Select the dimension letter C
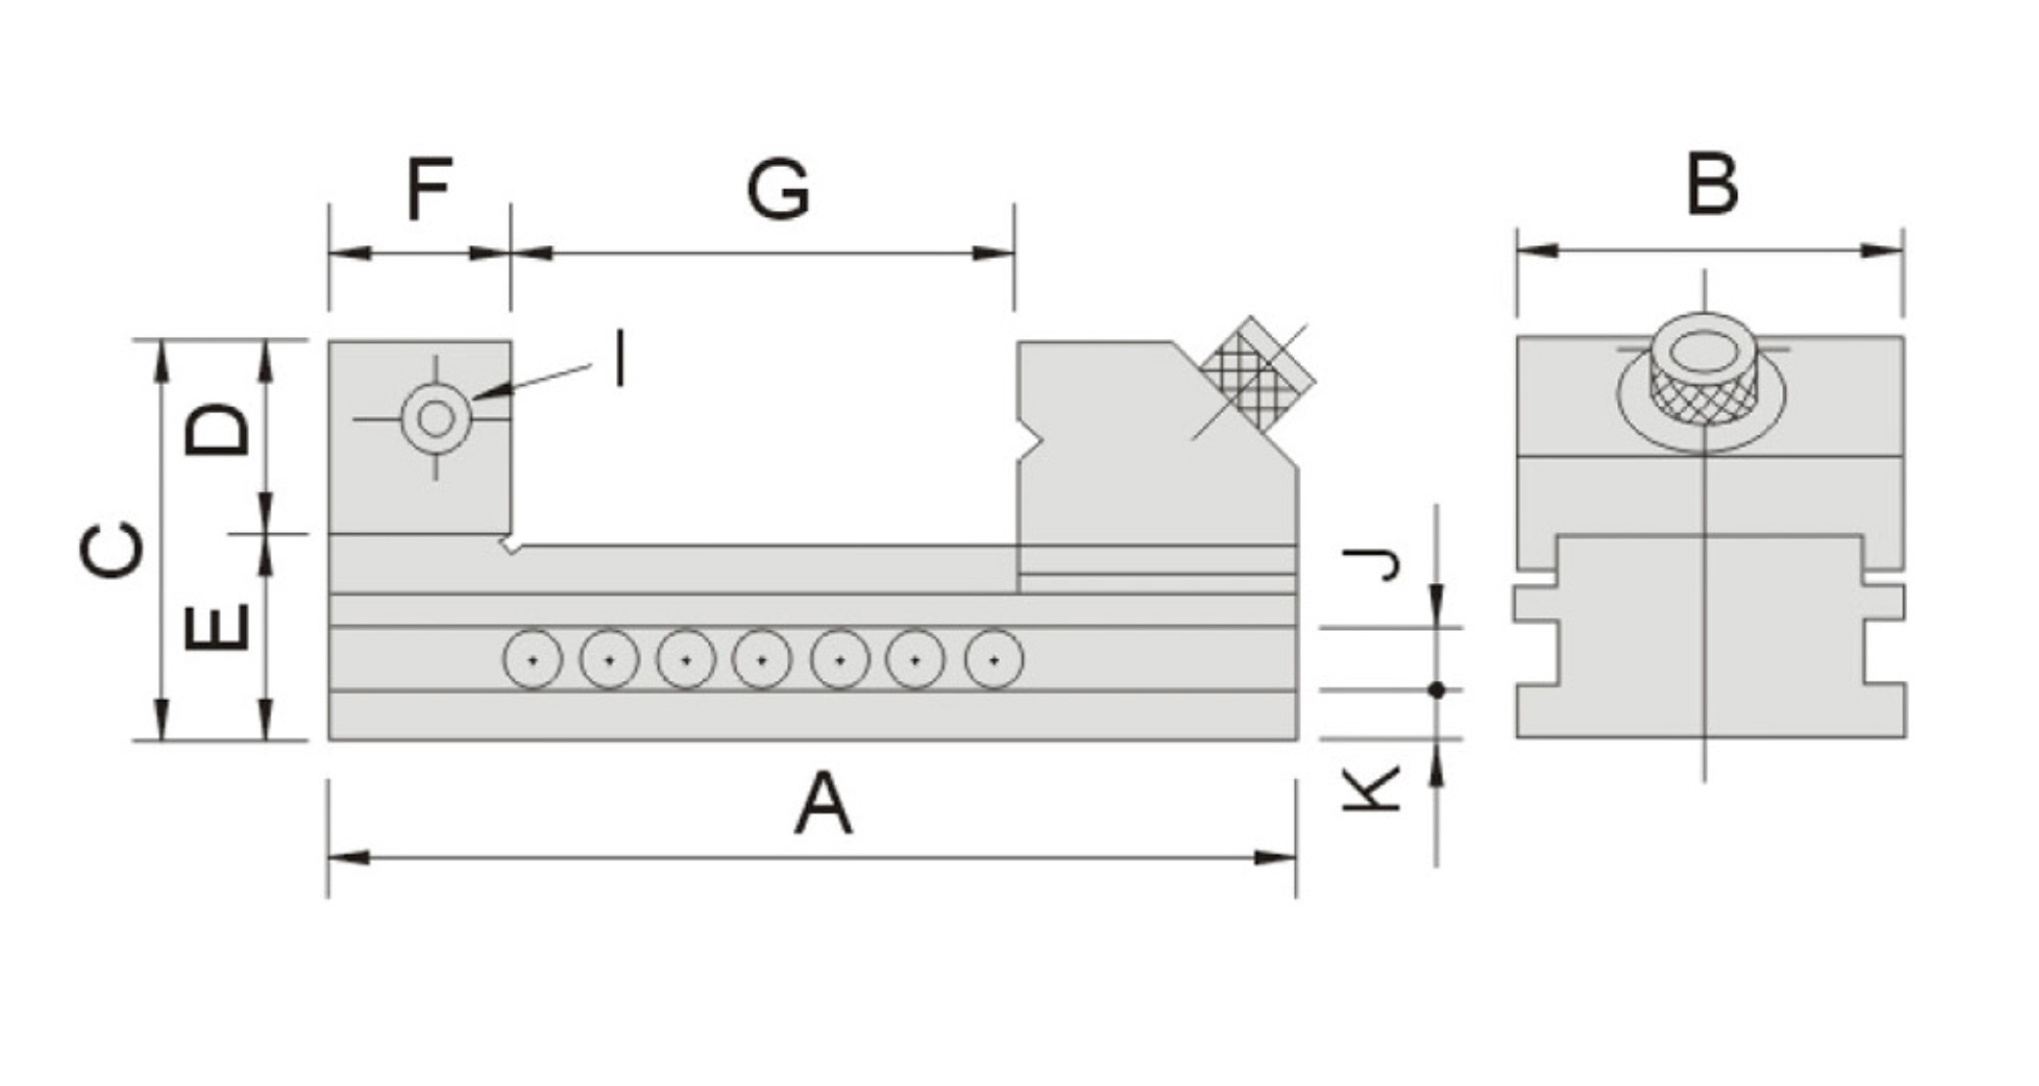pos(111,551)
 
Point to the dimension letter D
pos(218,430)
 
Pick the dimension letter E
pos(218,627)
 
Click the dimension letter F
pos(429,188)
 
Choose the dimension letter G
pos(778,189)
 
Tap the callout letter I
pos(619,359)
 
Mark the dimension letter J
pos(1373,564)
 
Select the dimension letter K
pos(1373,789)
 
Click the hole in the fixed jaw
pos(436,419)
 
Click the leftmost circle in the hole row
pos(532,660)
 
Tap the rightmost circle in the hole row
pos(993,660)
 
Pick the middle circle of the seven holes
pos(763,660)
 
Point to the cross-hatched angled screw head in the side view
pos(1258,376)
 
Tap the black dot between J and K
pos(1436,690)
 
